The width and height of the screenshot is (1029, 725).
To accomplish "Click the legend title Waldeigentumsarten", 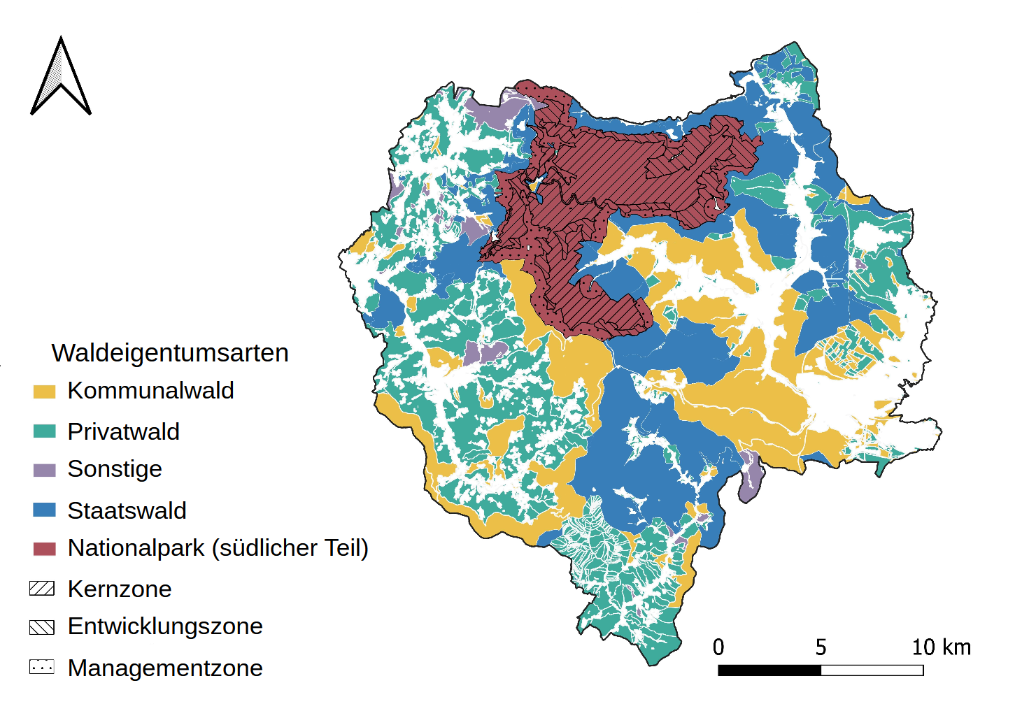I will (x=170, y=353).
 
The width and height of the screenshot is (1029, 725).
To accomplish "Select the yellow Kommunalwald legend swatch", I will (x=44, y=392).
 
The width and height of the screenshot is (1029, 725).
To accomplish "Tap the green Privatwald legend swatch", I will (x=44, y=431).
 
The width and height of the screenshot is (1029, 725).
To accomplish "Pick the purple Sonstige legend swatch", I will (x=44, y=470).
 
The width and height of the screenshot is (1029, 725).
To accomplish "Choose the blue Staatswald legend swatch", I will (x=44, y=510).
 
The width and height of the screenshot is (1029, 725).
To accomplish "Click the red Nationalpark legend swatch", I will (x=44, y=549).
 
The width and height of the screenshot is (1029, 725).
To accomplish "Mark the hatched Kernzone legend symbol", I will (x=42, y=589).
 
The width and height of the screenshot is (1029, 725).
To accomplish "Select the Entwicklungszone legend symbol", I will (x=42, y=627).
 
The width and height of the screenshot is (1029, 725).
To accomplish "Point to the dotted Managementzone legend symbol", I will (x=42, y=667).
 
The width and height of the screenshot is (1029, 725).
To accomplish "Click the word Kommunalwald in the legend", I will (x=150, y=391).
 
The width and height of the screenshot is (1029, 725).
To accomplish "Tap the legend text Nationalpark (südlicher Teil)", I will (x=218, y=548).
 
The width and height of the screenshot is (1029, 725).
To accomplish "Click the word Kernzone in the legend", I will (x=120, y=589).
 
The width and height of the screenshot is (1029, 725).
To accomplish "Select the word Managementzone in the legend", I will (x=165, y=668).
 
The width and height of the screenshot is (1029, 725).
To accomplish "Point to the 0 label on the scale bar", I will (x=718, y=647).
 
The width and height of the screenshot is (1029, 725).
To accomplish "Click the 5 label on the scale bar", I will (x=821, y=647).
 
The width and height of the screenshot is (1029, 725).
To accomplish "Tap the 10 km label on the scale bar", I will (x=941, y=647).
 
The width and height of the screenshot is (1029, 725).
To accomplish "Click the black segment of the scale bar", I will (x=769, y=670).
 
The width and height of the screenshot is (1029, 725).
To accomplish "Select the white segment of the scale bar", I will (x=872, y=670).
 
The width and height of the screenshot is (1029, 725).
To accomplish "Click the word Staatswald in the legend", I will (x=127, y=511).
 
